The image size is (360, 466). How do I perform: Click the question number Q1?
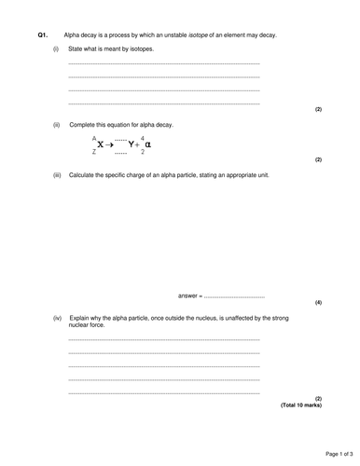[x=42, y=34]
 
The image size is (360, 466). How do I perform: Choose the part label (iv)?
[x=58, y=318]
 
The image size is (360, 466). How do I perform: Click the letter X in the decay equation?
[x=99, y=145]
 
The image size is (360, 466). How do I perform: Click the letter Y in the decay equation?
[x=132, y=145]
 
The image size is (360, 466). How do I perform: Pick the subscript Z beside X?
[x=93, y=152]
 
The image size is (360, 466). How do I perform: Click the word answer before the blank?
[x=188, y=295]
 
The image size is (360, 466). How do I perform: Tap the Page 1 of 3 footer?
[x=334, y=453]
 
